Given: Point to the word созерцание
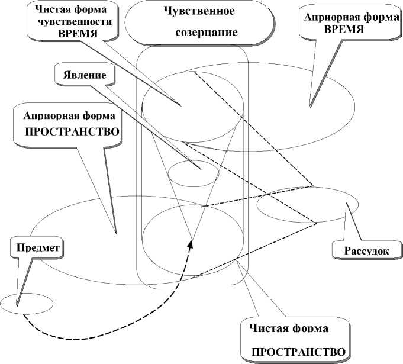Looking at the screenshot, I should pos(202,32).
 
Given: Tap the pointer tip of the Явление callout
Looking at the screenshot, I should pos(202,169).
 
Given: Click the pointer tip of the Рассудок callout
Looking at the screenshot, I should pos(345,204).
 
